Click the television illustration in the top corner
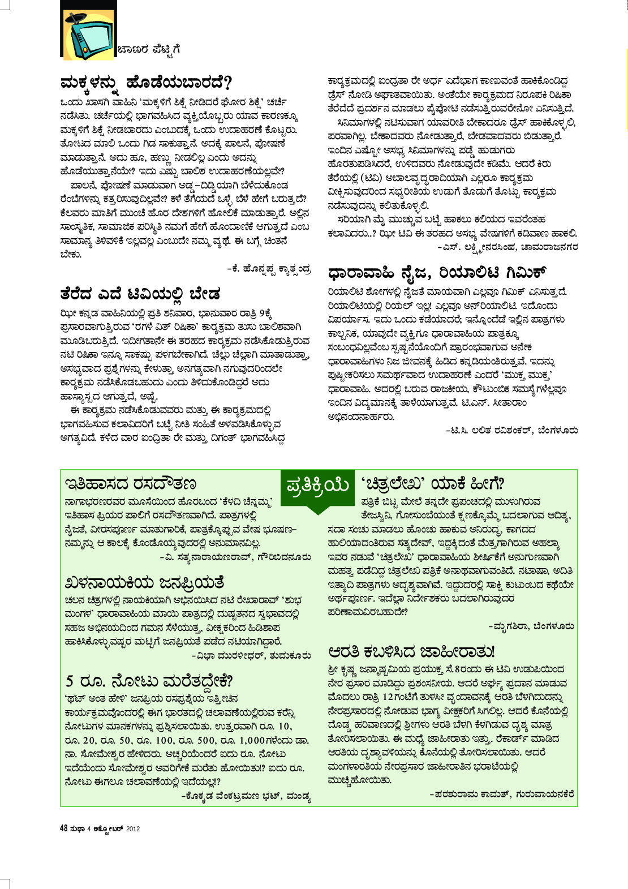[x=88, y=29]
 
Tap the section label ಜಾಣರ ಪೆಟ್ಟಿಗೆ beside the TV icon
[x=149, y=50]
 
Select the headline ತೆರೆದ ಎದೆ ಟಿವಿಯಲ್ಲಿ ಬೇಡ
[x=140, y=294]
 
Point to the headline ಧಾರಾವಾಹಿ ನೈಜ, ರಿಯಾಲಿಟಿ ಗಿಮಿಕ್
[x=436, y=273]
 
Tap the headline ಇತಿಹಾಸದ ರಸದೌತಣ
[x=131, y=484]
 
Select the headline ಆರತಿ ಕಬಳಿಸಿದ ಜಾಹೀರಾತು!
[x=411, y=651]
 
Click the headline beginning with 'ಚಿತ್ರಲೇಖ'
[x=432, y=484]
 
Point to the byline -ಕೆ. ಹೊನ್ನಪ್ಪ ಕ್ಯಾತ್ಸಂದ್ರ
[x=269, y=269]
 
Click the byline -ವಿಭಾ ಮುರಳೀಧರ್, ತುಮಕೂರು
[x=251, y=656]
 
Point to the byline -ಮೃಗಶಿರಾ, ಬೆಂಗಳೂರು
[x=531, y=626]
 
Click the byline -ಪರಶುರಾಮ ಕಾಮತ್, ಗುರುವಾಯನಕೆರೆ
[x=502, y=794]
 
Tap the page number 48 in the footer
[x=64, y=828]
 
